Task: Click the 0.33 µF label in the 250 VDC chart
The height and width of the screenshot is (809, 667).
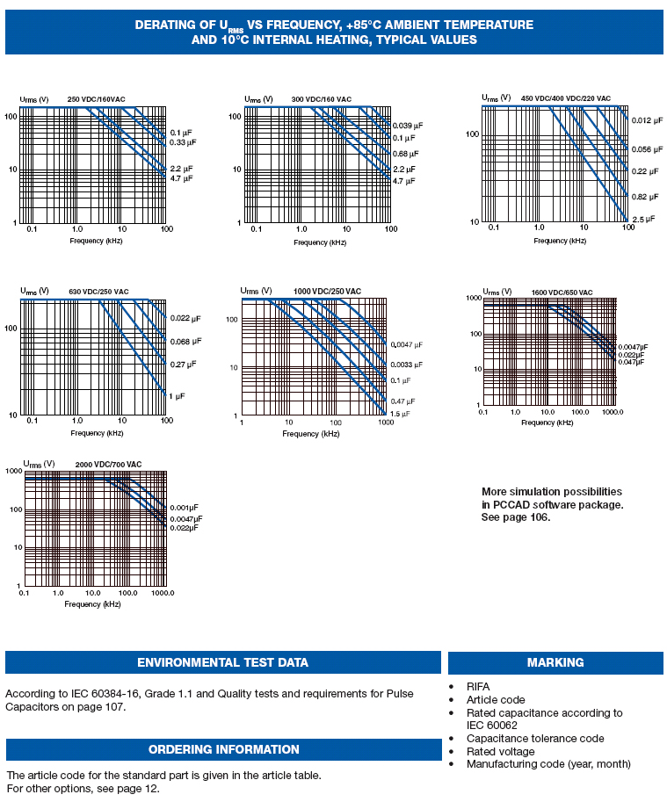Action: point(183,142)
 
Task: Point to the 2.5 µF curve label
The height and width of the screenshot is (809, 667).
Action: point(643,219)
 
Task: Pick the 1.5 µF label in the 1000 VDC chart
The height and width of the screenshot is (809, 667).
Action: point(401,414)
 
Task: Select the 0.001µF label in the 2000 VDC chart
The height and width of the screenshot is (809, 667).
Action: point(185,509)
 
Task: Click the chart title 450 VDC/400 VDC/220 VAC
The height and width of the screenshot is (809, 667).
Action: point(565,98)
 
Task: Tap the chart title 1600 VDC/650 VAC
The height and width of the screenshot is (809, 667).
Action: point(562,293)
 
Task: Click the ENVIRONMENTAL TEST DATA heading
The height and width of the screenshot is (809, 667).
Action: point(222,662)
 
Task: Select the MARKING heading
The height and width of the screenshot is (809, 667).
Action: point(555,662)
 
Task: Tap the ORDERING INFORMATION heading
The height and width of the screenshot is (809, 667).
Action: point(223,749)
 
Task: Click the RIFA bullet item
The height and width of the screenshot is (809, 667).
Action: point(478,687)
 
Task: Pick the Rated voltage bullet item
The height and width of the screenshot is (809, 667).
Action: point(500,751)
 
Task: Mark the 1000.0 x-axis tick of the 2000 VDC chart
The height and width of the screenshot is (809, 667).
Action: point(163,594)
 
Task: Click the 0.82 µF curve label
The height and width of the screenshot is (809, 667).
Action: point(643,197)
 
